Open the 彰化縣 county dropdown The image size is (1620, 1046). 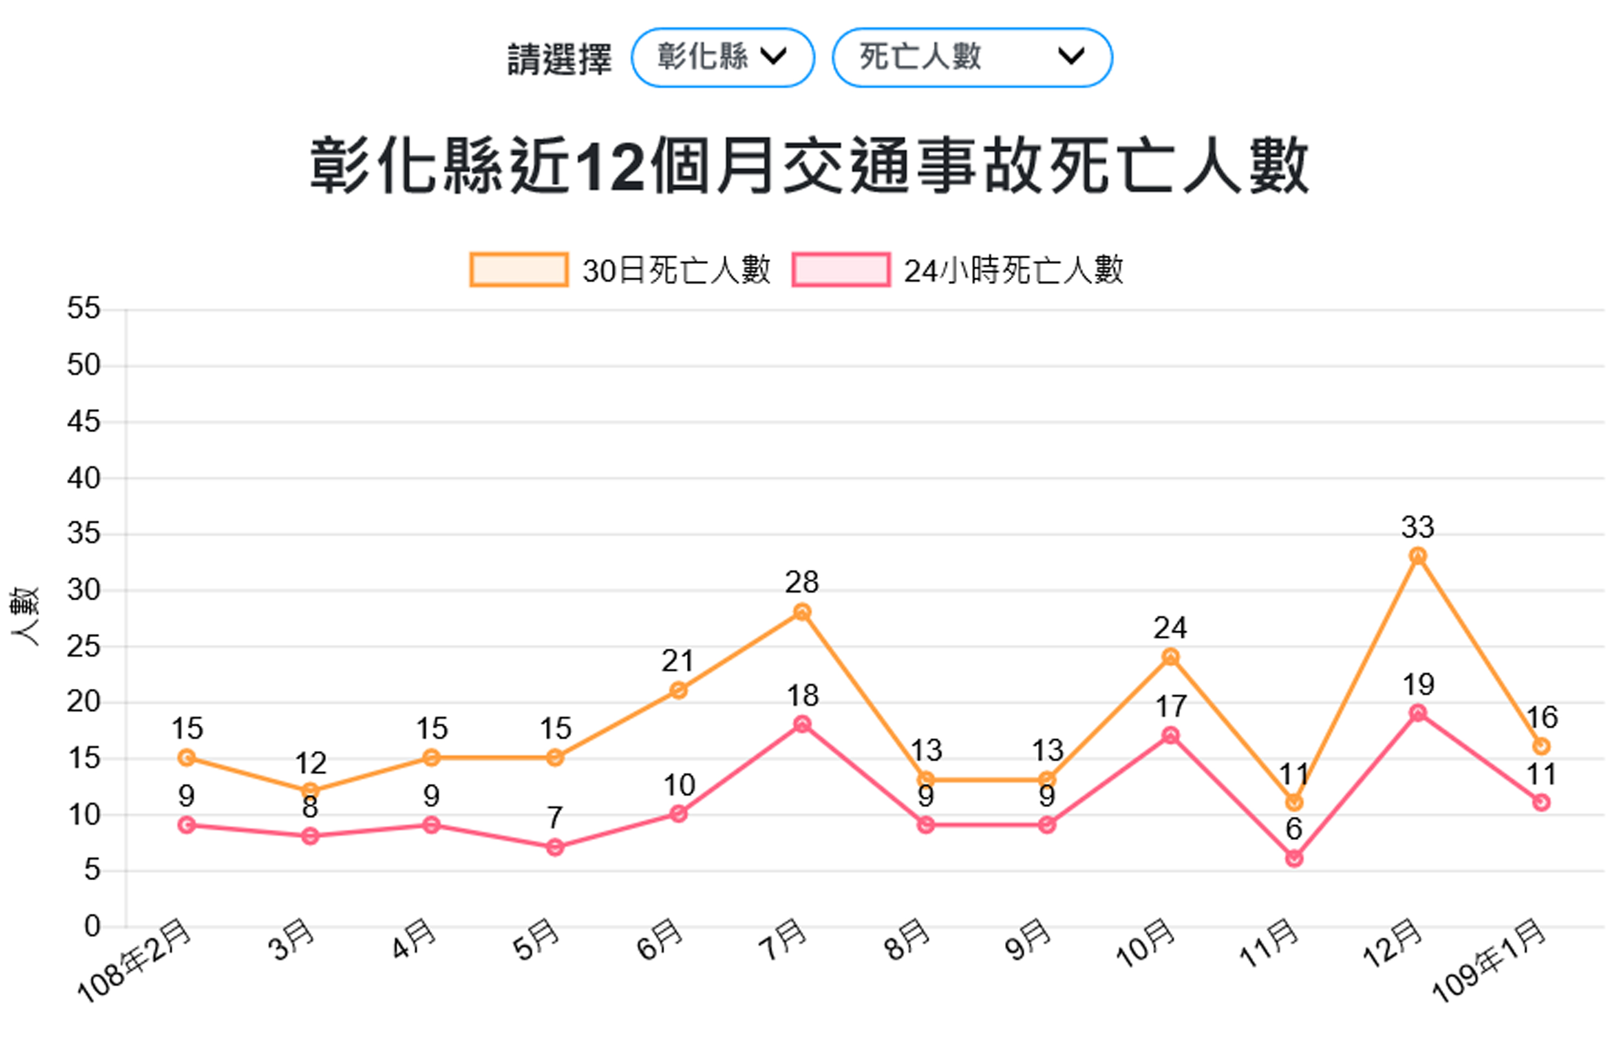click(722, 57)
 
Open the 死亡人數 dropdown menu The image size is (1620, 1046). click(972, 57)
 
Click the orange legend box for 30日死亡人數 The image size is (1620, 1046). click(519, 269)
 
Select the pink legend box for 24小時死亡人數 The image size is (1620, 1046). click(840, 269)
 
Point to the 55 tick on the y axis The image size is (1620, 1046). click(83, 309)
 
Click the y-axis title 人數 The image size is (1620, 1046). click(25, 617)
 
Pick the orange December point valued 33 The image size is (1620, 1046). click(1417, 555)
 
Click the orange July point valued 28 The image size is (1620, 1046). click(802, 612)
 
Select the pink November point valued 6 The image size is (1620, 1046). click(1294, 858)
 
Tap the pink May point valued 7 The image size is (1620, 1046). click(555, 847)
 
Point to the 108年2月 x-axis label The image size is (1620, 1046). click(134, 961)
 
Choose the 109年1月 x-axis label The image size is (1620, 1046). click(1488, 961)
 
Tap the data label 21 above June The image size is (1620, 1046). click(678, 661)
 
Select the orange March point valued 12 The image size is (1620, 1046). click(311, 791)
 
